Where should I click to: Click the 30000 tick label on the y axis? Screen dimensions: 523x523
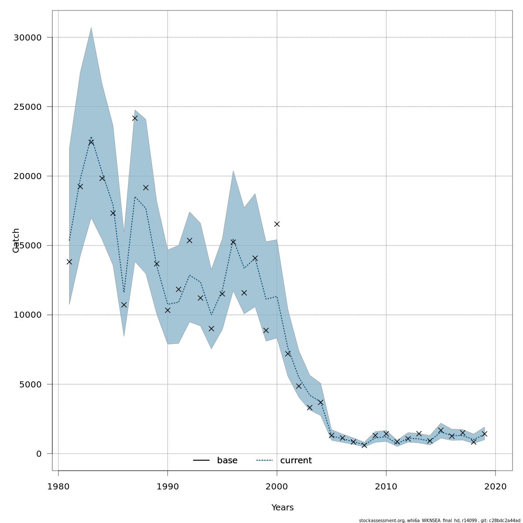(27, 37)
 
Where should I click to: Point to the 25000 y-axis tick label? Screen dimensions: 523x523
(27, 107)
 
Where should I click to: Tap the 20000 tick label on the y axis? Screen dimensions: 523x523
(27, 176)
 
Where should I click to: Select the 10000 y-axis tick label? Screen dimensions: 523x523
(27, 315)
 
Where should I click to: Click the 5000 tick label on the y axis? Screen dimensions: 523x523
(30, 384)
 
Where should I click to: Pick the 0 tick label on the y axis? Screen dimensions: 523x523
(39, 454)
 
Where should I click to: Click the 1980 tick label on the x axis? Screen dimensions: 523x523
(58, 486)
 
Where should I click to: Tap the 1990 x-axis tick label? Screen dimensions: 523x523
(167, 486)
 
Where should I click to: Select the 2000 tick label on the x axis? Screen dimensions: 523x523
(277, 486)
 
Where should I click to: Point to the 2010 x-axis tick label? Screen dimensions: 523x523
(386, 486)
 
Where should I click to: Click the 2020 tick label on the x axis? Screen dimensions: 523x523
(496, 486)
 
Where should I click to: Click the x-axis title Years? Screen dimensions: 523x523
(282, 508)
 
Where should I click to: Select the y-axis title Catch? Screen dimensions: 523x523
(16, 240)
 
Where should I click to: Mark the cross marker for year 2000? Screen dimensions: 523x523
(277, 224)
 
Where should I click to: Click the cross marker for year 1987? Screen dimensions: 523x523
(135, 118)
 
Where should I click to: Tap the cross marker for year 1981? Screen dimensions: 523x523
(69, 261)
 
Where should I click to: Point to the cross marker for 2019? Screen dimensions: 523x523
(484, 434)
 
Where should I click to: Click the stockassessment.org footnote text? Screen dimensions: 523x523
(439, 520)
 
